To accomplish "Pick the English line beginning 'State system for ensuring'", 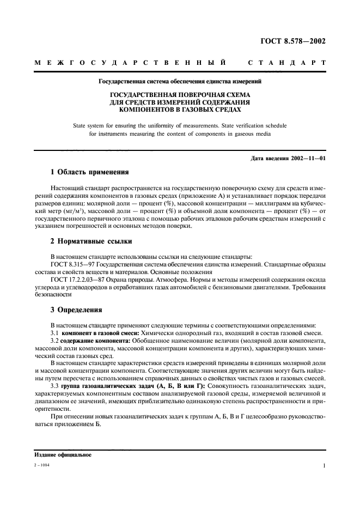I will pyautogui.click(x=180, y=125).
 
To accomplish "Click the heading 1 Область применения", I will pyautogui.click(x=89, y=173).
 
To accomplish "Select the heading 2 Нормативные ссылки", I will pyautogui.click(x=91, y=241).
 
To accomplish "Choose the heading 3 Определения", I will pyautogui.click(x=76, y=309).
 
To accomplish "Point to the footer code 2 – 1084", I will pyautogui.click(x=41, y=466).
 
